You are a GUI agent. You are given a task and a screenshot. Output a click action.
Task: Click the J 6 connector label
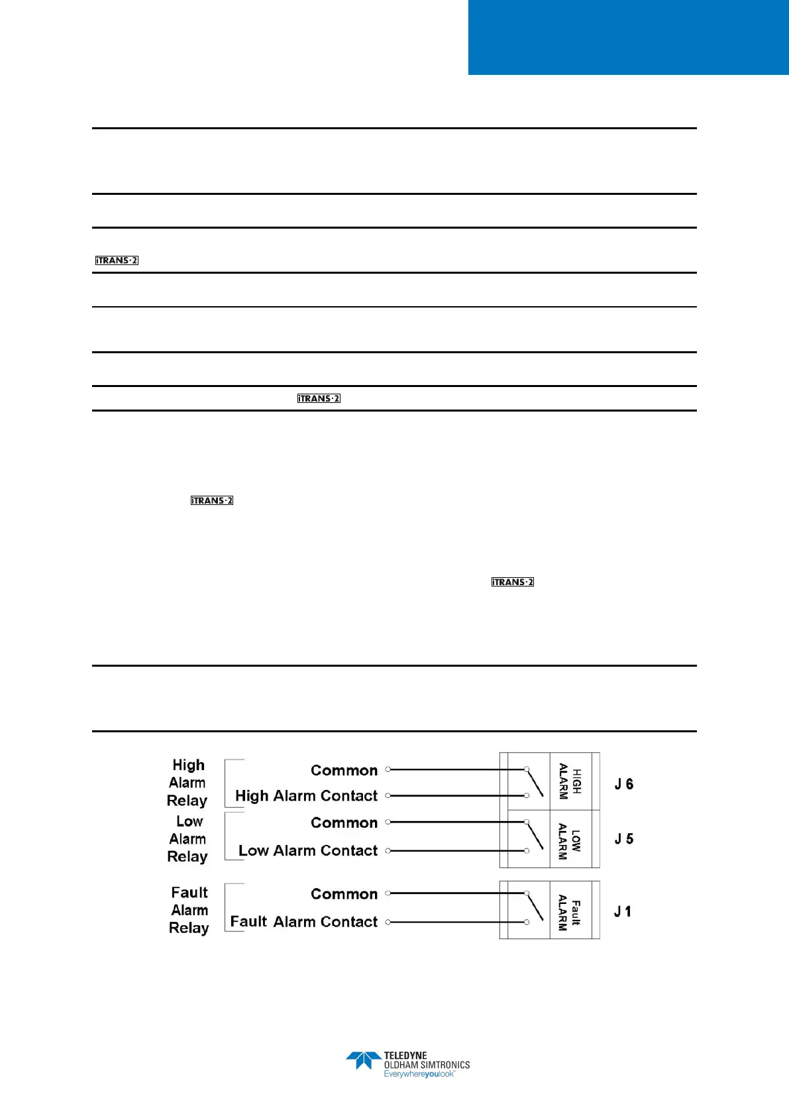click(x=624, y=784)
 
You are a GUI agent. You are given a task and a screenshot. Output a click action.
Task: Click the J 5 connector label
click(x=624, y=839)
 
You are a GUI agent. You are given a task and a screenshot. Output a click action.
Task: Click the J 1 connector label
click(x=623, y=912)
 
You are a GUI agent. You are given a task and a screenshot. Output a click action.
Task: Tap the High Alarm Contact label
click(x=306, y=796)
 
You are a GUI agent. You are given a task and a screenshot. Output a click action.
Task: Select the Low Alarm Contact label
click(x=308, y=851)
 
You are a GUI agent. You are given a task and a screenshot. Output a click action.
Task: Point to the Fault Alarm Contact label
click(x=303, y=922)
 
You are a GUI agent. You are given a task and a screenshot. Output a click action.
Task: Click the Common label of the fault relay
click(x=344, y=894)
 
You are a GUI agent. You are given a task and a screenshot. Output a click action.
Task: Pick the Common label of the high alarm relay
click(x=344, y=771)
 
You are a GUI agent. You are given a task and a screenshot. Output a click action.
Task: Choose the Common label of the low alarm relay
click(x=344, y=823)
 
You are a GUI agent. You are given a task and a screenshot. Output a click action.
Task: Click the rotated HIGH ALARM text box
click(x=570, y=781)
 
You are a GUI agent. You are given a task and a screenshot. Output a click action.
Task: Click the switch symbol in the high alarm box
click(x=534, y=782)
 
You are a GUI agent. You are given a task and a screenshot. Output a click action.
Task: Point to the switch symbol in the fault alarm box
click(x=534, y=907)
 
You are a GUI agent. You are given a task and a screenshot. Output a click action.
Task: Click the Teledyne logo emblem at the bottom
click(x=363, y=1060)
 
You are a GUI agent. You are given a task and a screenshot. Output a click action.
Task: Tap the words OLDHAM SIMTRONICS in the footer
click(x=427, y=1065)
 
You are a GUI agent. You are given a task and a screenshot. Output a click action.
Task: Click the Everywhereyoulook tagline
click(x=419, y=1074)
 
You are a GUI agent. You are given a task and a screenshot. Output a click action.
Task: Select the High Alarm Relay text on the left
click(x=187, y=783)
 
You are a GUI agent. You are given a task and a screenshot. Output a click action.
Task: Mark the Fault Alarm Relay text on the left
click(x=189, y=911)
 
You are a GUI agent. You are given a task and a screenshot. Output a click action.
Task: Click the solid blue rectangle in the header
click(x=628, y=37)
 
